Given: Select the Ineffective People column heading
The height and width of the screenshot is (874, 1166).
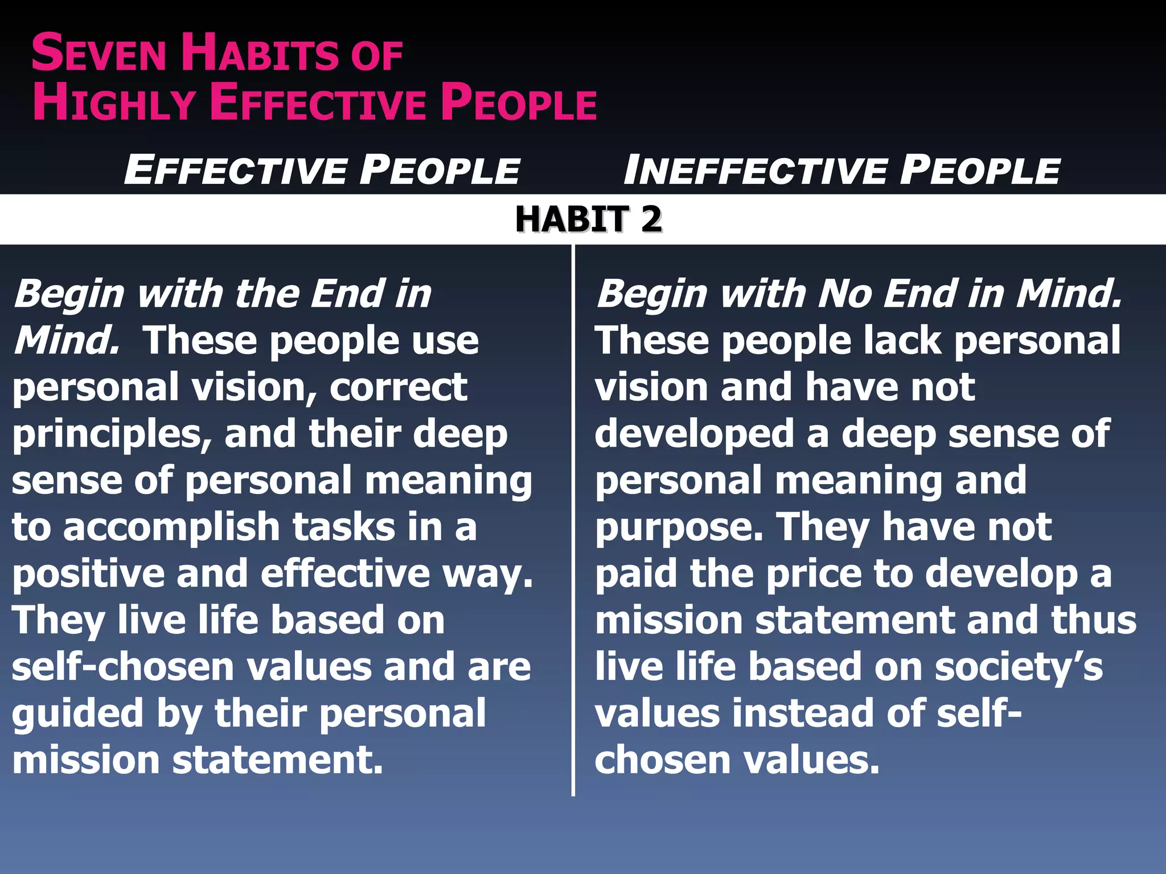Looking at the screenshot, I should [841, 170].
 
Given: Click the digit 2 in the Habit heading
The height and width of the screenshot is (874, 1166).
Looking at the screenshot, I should [651, 220].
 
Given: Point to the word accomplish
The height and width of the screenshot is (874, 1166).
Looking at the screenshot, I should [171, 527].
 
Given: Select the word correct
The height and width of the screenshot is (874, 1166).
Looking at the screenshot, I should [398, 387].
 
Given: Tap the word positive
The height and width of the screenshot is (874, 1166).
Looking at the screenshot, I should [88, 574].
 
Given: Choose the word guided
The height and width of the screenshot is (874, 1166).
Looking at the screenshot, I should [77, 714].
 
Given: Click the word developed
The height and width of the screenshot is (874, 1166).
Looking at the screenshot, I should [694, 434].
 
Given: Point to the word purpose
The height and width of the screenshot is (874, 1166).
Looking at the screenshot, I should [678, 529].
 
